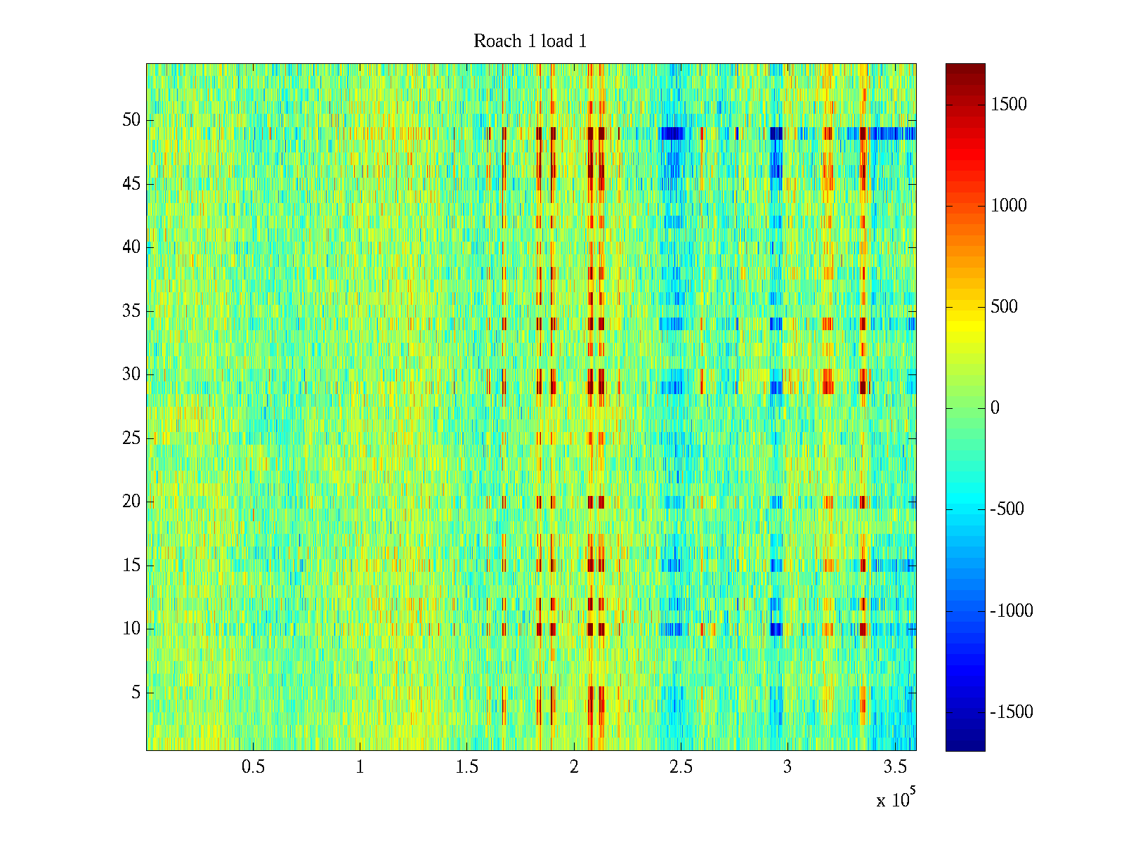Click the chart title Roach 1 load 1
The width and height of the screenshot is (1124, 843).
530,41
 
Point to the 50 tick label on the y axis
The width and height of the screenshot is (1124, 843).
131,120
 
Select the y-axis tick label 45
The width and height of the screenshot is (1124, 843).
131,184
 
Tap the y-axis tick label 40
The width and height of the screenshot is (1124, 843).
131,247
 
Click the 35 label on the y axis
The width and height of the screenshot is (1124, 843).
131,311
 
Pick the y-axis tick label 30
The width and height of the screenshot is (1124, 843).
131,374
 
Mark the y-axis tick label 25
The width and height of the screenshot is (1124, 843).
131,438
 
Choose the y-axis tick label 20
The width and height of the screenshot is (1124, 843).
131,502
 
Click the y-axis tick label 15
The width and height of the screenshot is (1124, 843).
131,566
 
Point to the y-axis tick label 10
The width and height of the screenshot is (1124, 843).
131,629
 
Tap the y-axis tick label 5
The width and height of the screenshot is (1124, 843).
136,693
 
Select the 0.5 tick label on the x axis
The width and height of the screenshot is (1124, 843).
253,767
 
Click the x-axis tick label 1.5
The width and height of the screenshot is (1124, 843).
466,767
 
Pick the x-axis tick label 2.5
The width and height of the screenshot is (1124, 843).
681,767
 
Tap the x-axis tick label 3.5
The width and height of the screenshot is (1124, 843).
894,767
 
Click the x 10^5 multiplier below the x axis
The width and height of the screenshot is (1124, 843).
896,799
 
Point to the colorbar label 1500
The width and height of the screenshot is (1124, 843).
1009,105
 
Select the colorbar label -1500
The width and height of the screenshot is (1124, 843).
1012,712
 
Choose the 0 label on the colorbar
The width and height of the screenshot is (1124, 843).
995,408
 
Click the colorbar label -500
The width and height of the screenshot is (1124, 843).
1007,509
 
